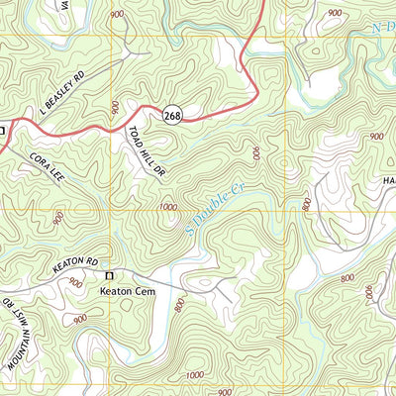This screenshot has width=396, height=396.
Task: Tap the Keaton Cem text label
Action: coord(124,291)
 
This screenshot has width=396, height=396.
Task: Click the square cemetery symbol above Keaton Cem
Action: coord(110,275)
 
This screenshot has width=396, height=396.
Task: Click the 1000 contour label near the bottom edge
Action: coord(196,375)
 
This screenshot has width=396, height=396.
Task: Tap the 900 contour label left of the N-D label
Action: coord(335,13)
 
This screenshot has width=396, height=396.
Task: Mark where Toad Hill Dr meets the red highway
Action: coord(130,126)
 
